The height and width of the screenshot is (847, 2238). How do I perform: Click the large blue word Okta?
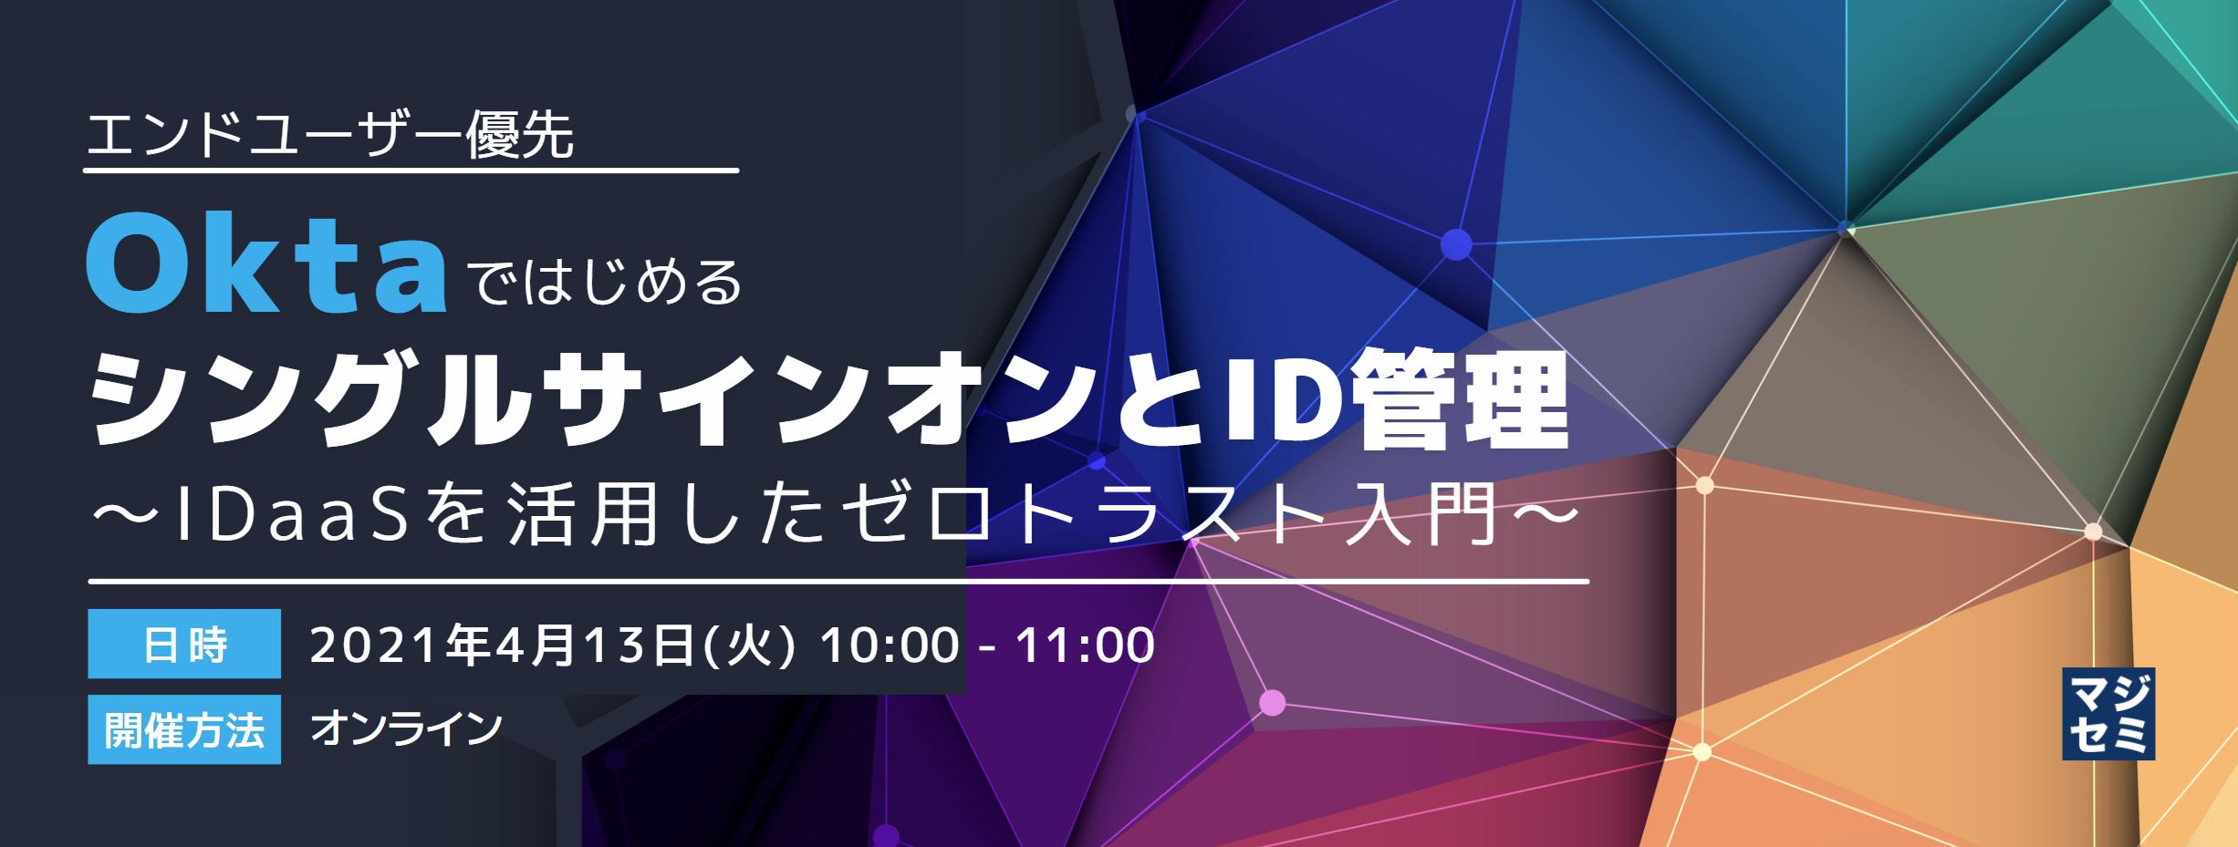coord(266,263)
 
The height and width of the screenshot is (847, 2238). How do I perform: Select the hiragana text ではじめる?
coord(608,283)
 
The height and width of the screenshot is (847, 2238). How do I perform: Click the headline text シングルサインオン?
coord(584,401)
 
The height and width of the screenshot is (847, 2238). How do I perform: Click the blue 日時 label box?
coord(184,644)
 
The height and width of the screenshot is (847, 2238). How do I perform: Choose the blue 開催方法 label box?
coord(184,729)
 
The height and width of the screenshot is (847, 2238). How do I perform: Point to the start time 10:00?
coord(889,646)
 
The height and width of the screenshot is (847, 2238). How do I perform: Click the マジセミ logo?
coord(2108,714)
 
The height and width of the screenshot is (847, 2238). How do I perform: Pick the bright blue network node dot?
coord(1456,244)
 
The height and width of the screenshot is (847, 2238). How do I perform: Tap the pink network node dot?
coord(1272,702)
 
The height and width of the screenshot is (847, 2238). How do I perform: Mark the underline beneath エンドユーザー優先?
coord(411,170)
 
